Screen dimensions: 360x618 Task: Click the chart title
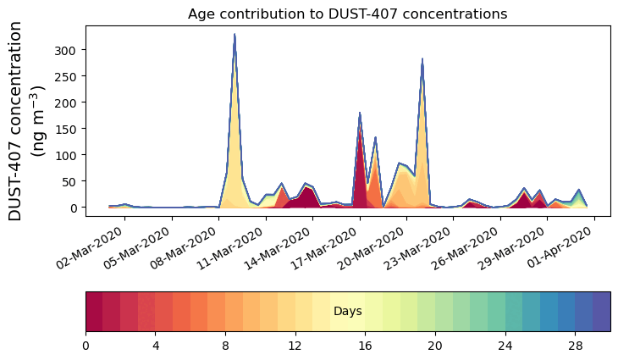pyautogui.click(x=347, y=14)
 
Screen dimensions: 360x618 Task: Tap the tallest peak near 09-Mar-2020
pyautogui.click(x=235, y=36)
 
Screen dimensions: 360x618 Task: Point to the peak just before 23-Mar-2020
pyautogui.click(x=422, y=60)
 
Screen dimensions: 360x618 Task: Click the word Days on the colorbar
pyautogui.click(x=348, y=312)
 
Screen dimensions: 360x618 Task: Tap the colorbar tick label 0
pyautogui.click(x=86, y=346)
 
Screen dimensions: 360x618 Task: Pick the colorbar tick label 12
pyautogui.click(x=295, y=346)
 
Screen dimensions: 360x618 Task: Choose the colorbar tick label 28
pyautogui.click(x=576, y=346)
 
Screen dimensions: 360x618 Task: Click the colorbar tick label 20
pyautogui.click(x=435, y=346)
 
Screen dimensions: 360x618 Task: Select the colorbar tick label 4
pyautogui.click(x=156, y=346)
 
